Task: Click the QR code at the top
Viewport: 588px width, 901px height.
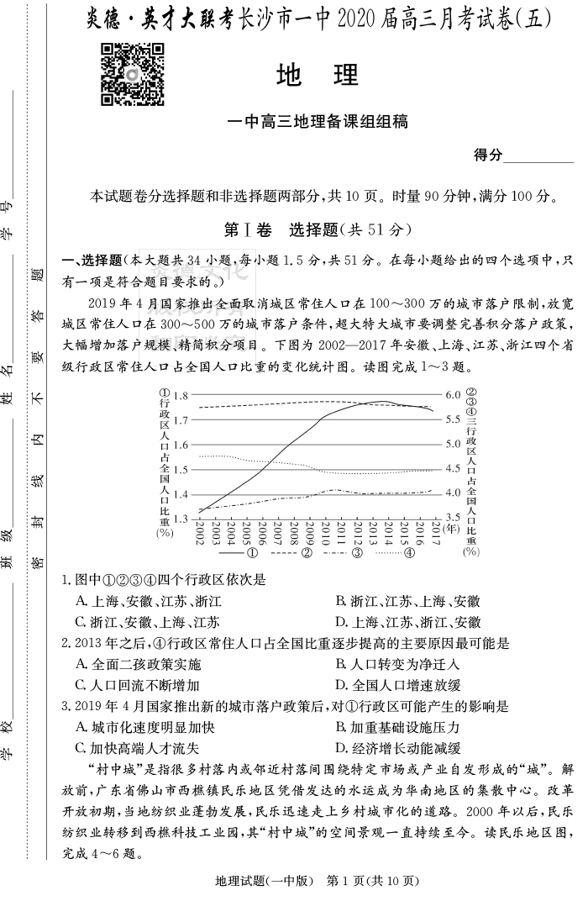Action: coord(132,75)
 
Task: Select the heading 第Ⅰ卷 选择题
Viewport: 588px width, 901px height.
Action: coord(317,229)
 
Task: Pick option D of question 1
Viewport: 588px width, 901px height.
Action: coord(407,622)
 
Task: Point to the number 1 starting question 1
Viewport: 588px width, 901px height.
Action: coord(66,580)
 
